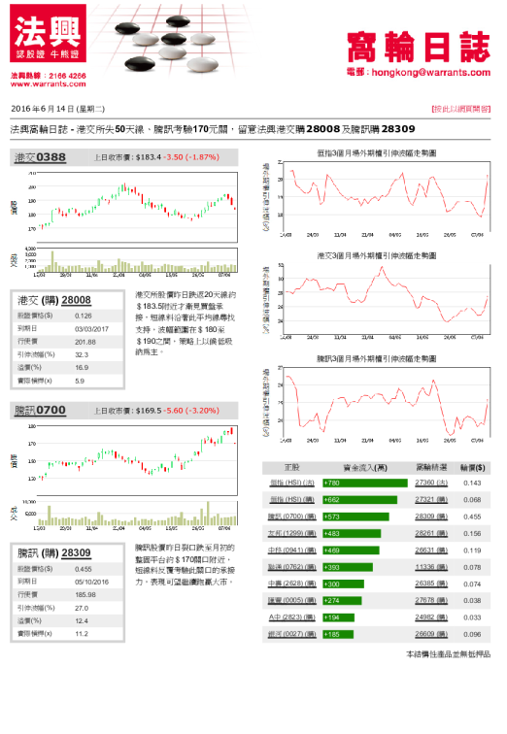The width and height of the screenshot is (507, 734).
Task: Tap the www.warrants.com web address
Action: [43, 84]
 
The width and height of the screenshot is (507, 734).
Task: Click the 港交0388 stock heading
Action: [40, 156]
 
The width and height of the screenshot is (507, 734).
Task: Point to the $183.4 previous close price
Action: [149, 156]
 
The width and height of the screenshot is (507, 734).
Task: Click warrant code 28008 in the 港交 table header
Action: [76, 300]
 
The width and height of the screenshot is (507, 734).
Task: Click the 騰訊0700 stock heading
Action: [40, 411]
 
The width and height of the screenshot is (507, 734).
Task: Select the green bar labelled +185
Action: [335, 633]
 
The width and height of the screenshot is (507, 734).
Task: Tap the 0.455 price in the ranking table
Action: [474, 517]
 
